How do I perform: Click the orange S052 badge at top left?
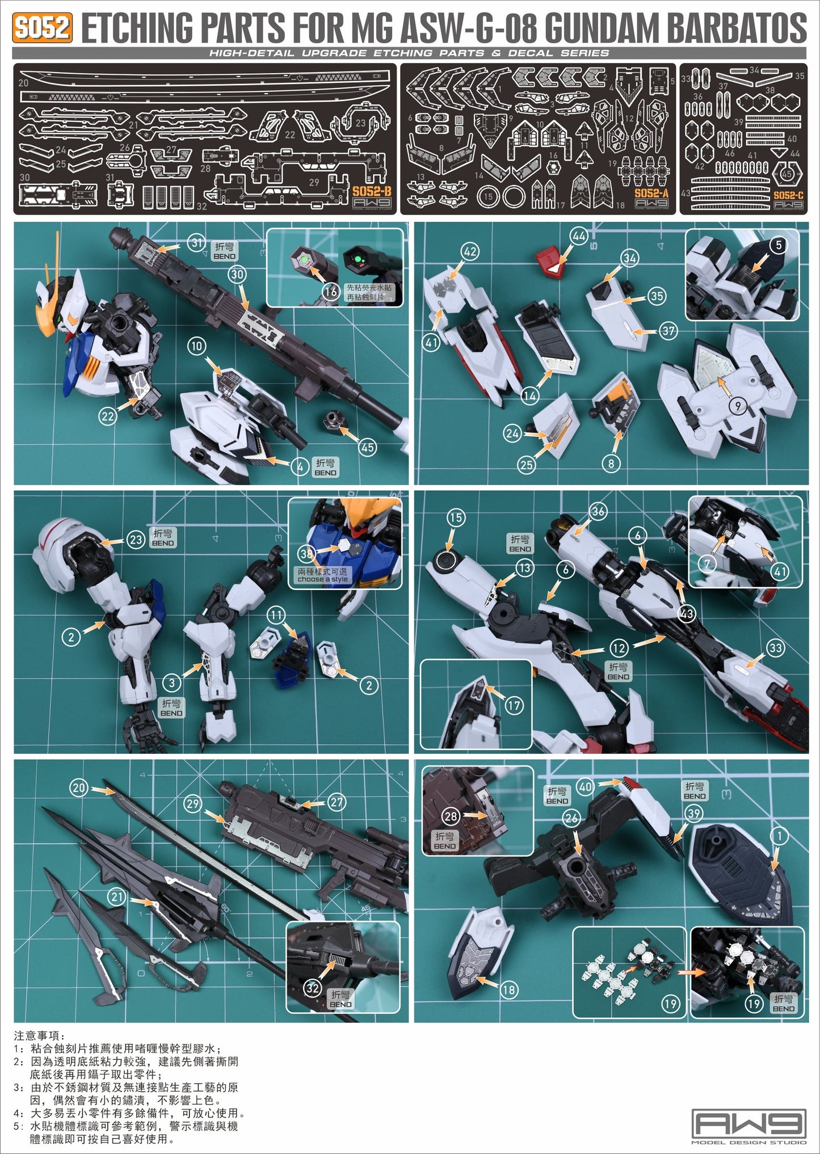[43, 27]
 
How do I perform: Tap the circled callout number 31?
[196, 243]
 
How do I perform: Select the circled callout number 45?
[368, 447]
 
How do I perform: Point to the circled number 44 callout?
[579, 236]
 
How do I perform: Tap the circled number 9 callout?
[737, 406]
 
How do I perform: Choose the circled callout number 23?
[136, 540]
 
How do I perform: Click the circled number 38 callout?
[307, 553]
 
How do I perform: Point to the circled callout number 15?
[456, 517]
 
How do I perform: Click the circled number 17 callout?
[514, 706]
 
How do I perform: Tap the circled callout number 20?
[79, 787]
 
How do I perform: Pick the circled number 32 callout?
[313, 988]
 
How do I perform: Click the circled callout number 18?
[509, 989]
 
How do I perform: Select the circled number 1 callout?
[780, 836]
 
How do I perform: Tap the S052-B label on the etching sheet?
[372, 191]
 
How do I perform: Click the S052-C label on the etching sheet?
[788, 195]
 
